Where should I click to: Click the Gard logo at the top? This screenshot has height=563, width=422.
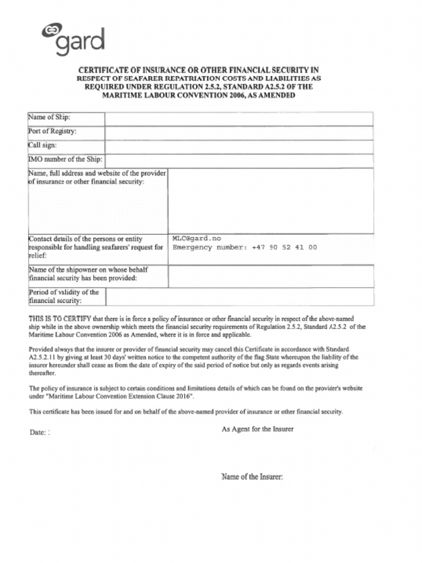(x=73, y=40)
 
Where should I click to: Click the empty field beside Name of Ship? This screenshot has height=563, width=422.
(x=239, y=119)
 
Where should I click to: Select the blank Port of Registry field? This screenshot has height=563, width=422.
(x=239, y=133)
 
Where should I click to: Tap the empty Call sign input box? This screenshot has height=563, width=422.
(x=239, y=147)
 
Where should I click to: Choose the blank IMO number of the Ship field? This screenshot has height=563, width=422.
(x=239, y=161)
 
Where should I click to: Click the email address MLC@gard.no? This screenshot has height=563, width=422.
(x=197, y=239)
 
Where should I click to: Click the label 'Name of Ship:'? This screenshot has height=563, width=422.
(x=49, y=118)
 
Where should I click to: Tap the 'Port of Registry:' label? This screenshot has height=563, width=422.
(x=52, y=131)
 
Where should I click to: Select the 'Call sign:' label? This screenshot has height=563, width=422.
(x=42, y=146)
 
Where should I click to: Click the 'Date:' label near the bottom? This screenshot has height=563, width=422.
(x=38, y=433)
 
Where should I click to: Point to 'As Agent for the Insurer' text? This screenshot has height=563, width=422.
(x=257, y=429)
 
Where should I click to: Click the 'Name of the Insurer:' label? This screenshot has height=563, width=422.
(x=252, y=477)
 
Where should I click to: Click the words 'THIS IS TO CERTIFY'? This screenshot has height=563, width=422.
(x=60, y=318)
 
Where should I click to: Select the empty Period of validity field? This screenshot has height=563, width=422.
(x=239, y=297)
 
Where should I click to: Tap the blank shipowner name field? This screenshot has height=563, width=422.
(x=270, y=277)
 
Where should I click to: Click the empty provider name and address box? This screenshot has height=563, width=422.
(x=270, y=201)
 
